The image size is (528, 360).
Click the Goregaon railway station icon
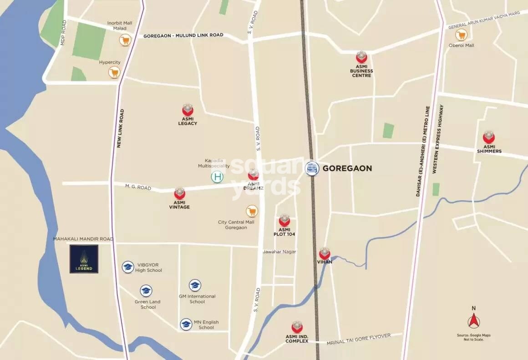point(312,168)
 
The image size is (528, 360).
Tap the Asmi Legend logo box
point(84,259)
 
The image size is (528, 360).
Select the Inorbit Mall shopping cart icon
point(125,41)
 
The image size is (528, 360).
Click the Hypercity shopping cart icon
point(114,72)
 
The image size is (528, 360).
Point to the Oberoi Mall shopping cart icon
point(462,35)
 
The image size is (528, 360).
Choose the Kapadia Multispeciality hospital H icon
point(218,177)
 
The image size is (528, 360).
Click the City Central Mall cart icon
point(252,211)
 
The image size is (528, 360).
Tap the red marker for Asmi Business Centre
point(361,57)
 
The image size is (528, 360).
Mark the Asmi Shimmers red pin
point(489,137)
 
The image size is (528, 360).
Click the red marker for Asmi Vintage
point(180,194)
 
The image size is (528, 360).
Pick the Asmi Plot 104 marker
point(284,221)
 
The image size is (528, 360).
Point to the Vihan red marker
point(325,254)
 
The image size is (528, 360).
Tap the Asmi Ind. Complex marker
point(297,327)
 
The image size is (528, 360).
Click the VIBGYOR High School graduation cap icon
point(128,267)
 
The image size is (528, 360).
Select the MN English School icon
point(186,324)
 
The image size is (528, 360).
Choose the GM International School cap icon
point(195,285)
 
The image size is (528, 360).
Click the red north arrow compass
point(474,321)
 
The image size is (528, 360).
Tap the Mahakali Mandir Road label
point(83,239)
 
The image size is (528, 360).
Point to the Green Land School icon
point(146,291)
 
